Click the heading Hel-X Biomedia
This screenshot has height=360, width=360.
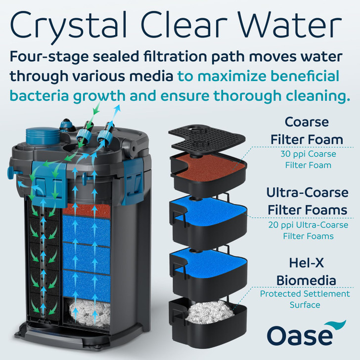[307, 272]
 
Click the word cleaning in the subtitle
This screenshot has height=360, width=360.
[307, 95]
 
